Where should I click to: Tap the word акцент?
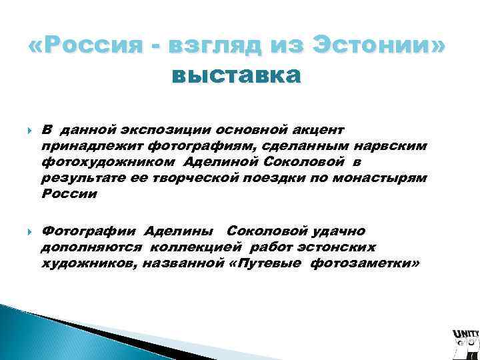pyautogui.click(x=317, y=129)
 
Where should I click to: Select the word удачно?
pyautogui.click(x=337, y=231)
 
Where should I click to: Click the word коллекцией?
pyautogui.click(x=203, y=247)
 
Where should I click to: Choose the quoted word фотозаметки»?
pyautogui.click(x=364, y=264)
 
